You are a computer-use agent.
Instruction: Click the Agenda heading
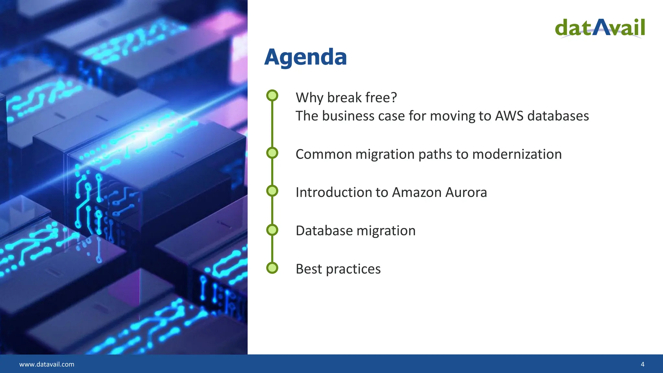(305, 57)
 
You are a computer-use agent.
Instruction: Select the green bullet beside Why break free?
(272, 96)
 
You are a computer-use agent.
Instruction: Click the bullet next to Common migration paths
(272, 153)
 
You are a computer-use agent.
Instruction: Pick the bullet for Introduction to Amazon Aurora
(272, 191)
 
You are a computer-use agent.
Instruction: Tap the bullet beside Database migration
(272, 230)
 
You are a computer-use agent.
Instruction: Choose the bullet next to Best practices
(272, 268)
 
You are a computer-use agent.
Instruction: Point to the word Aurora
(466, 192)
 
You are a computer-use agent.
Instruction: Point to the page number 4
(643, 364)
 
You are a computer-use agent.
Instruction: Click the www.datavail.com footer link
(47, 364)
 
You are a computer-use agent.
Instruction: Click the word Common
(323, 154)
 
